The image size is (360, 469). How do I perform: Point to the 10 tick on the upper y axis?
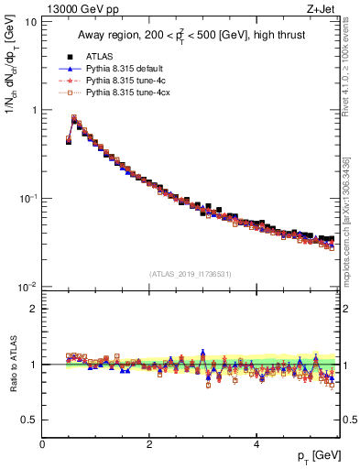[x=30, y=21]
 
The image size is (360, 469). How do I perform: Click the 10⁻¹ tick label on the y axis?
[x=27, y=199]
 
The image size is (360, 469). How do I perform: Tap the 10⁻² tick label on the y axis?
[x=27, y=287]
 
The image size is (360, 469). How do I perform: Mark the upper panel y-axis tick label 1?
[x=33, y=110]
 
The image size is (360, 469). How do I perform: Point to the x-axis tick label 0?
[x=42, y=444]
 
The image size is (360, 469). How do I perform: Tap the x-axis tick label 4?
[x=256, y=444]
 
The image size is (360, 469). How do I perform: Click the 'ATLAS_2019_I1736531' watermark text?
[x=191, y=275]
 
